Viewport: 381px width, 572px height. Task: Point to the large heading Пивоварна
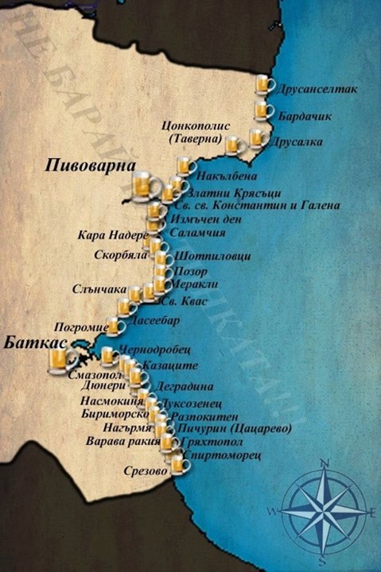(x=83, y=166)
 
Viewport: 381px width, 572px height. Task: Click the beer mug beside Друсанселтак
(x=263, y=85)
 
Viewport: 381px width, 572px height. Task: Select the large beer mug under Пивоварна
(x=141, y=187)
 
